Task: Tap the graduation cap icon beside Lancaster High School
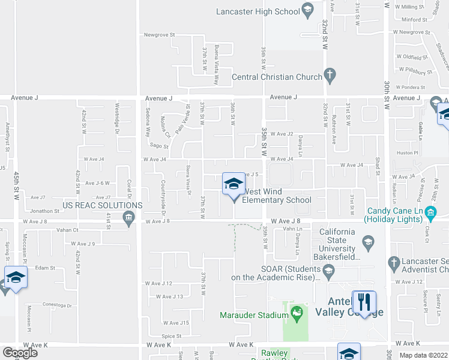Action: coord(307,10)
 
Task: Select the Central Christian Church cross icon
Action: coord(329,75)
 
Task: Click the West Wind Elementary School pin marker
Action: coord(234,185)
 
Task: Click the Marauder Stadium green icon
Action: coord(295,313)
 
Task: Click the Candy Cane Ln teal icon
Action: coord(430,212)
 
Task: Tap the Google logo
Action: coord(20,352)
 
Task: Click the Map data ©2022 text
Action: coord(423,355)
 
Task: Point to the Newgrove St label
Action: coord(159,35)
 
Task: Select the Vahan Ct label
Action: coord(67,230)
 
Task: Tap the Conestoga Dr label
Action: coord(57,305)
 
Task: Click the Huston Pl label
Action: coord(408,153)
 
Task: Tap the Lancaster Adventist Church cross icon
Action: coord(394,262)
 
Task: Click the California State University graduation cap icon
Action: coord(369,243)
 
